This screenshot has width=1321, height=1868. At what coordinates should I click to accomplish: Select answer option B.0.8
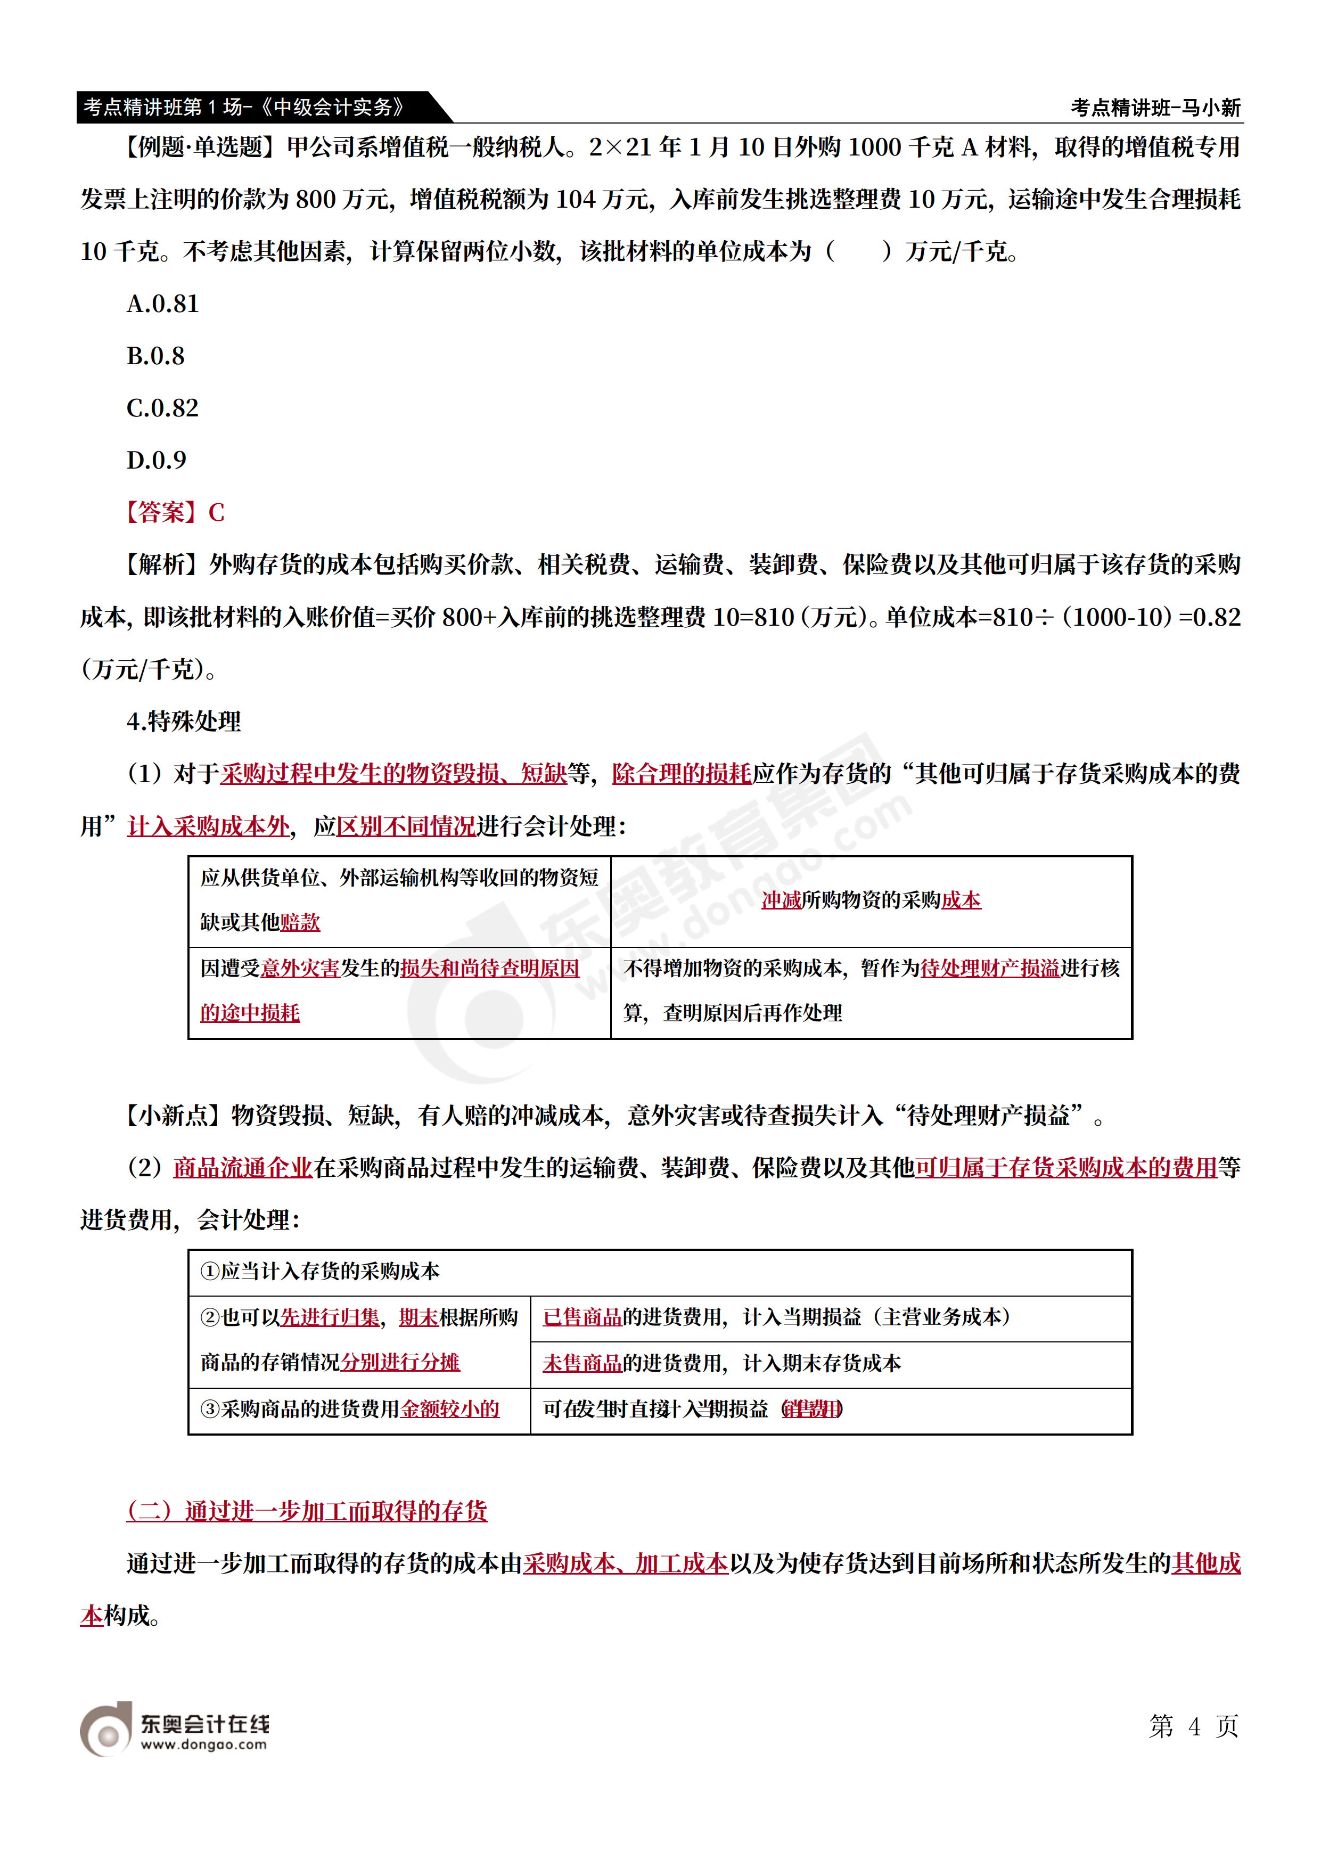(x=155, y=356)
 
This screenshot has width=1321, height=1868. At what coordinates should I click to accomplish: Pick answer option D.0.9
(x=156, y=461)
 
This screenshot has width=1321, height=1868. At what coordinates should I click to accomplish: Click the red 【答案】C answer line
(x=173, y=513)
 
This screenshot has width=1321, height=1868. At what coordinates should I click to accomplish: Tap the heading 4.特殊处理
(x=184, y=722)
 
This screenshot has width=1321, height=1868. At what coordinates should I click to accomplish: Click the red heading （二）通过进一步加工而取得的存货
(x=307, y=1511)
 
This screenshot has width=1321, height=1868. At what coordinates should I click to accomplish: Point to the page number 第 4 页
(x=1193, y=1726)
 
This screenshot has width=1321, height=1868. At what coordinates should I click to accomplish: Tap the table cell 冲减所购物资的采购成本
(x=871, y=900)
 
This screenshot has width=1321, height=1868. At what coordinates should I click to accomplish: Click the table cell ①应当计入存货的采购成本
(x=319, y=1272)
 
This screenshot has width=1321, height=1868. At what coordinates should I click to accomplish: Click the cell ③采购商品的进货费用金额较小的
(x=350, y=1409)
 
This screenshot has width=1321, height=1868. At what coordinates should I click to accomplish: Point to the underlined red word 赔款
(x=300, y=923)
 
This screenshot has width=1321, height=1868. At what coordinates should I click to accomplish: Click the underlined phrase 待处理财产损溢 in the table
(x=989, y=968)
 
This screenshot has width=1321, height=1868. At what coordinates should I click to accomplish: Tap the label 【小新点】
(x=173, y=1116)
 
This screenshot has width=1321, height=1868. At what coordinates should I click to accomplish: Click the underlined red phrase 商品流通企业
(x=242, y=1168)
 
